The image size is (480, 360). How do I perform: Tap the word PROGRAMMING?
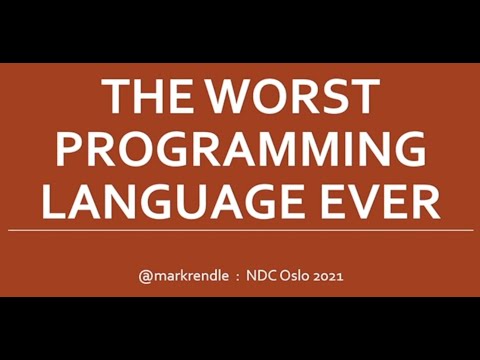[x=240, y=150]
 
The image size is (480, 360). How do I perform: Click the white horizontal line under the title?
[x=240, y=230]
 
